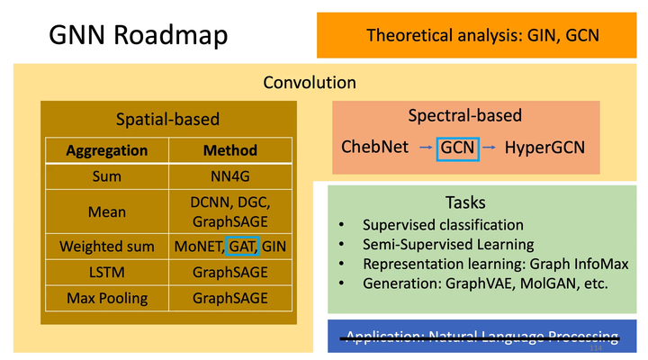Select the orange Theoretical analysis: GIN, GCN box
(481, 35)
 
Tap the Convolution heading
(310, 83)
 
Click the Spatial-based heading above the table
(168, 119)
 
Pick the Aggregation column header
(106, 150)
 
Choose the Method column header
(229, 150)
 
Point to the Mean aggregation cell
(106, 212)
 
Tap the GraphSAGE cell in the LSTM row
(229, 272)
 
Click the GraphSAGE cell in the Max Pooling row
(229, 297)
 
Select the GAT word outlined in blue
(242, 246)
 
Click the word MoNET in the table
(198, 246)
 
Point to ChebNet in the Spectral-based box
(374, 146)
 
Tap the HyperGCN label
(544, 146)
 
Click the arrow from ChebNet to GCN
(424, 146)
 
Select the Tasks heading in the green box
(465, 202)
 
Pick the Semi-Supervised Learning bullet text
(448, 244)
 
